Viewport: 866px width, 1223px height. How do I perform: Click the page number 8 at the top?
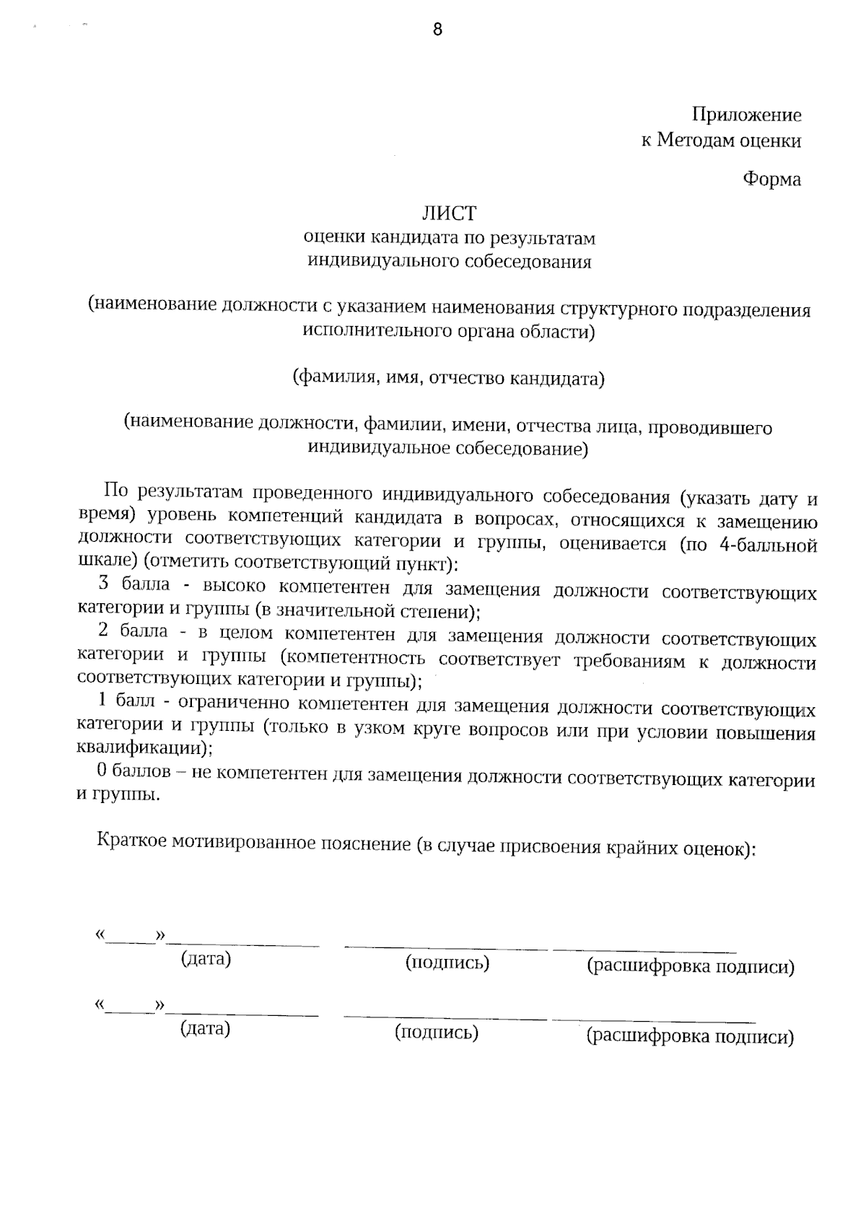click(437, 30)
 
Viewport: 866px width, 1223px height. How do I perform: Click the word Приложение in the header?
click(747, 115)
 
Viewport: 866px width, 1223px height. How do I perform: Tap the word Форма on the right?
click(771, 179)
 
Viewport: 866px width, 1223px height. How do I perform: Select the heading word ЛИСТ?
click(449, 214)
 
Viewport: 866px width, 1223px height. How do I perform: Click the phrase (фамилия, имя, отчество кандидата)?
click(448, 378)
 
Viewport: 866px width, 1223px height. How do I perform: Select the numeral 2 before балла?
click(102, 631)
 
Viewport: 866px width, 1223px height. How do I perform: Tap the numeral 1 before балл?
click(102, 700)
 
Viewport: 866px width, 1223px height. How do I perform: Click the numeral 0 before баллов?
click(102, 770)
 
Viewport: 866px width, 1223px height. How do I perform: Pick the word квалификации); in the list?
click(144, 747)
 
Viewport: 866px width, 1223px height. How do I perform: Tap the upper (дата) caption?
click(206, 959)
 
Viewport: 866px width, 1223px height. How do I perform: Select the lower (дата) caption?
click(205, 1028)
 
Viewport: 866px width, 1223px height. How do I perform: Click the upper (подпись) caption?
click(447, 963)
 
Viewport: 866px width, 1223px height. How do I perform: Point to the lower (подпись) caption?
click(437, 1033)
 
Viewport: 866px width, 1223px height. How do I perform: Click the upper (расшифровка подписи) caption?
click(691, 967)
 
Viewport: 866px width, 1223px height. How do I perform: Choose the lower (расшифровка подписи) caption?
click(690, 1038)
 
